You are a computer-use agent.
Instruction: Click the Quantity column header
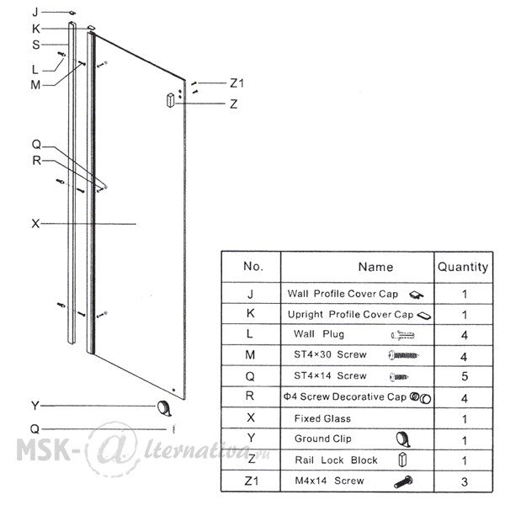(463, 267)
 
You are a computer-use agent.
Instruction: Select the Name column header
(376, 267)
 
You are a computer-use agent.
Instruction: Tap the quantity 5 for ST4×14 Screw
(465, 376)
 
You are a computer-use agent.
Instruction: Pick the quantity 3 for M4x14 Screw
(464, 481)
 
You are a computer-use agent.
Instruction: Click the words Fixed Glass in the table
(322, 418)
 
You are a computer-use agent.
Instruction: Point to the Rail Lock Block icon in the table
(402, 460)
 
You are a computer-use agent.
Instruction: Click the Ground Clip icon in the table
(403, 439)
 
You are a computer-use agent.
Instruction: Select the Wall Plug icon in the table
(402, 335)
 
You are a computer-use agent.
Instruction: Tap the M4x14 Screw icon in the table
(403, 481)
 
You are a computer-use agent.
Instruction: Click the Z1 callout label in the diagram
(237, 83)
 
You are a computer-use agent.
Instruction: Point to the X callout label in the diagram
(35, 224)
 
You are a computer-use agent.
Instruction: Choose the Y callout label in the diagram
(35, 406)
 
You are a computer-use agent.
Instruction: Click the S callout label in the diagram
(35, 45)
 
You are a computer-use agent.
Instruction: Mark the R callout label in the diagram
(36, 161)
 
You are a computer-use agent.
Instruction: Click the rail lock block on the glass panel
(170, 100)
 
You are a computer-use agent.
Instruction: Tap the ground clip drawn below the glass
(164, 408)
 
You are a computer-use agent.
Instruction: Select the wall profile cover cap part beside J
(72, 13)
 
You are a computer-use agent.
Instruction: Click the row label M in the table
(250, 355)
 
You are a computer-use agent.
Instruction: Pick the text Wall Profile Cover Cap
(343, 294)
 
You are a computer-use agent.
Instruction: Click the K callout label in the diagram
(35, 29)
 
